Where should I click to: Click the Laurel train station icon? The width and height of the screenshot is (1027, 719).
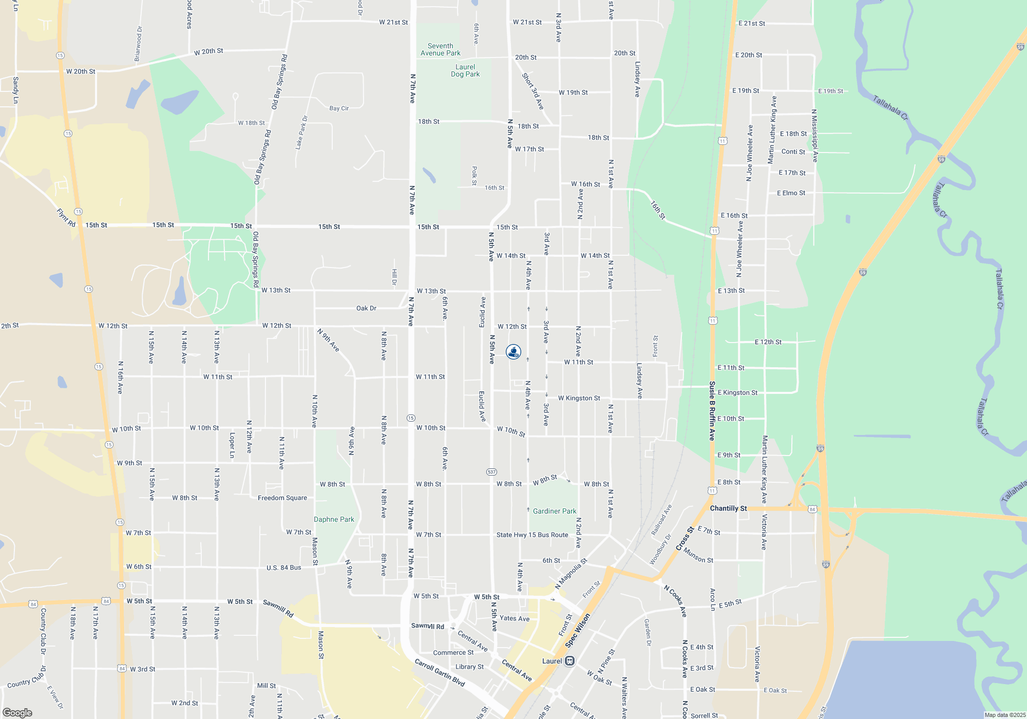pyautogui.click(x=569, y=661)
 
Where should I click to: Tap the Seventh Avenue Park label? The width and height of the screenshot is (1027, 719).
pyautogui.click(x=440, y=49)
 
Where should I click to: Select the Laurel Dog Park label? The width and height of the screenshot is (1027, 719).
pyautogui.click(x=465, y=70)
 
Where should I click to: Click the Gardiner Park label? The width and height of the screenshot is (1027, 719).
pyautogui.click(x=555, y=511)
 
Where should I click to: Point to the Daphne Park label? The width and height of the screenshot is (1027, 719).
pyautogui.click(x=334, y=519)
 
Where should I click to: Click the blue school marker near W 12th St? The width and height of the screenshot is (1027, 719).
pyautogui.click(x=513, y=352)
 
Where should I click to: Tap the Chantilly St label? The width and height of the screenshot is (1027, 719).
pyautogui.click(x=728, y=508)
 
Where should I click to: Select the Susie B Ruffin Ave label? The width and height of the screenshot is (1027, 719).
pyautogui.click(x=712, y=411)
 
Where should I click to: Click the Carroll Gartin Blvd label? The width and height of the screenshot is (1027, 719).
pyautogui.click(x=440, y=672)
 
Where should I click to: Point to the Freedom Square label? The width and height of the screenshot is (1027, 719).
pyautogui.click(x=282, y=498)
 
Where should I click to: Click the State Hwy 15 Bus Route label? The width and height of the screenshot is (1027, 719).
pyautogui.click(x=532, y=535)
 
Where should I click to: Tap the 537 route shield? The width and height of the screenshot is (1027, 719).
pyautogui.click(x=491, y=471)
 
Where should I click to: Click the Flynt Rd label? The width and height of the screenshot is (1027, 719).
pyautogui.click(x=66, y=218)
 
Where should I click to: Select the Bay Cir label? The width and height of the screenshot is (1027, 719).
pyautogui.click(x=339, y=108)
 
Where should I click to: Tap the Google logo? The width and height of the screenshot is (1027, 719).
pyautogui.click(x=17, y=713)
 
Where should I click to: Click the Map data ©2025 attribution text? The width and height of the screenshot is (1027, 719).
pyautogui.click(x=1004, y=715)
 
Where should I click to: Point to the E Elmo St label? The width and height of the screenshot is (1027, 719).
pyautogui.click(x=791, y=193)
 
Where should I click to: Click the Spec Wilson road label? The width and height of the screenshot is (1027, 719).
pyautogui.click(x=578, y=630)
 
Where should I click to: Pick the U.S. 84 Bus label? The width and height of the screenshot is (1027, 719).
pyautogui.click(x=283, y=567)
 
